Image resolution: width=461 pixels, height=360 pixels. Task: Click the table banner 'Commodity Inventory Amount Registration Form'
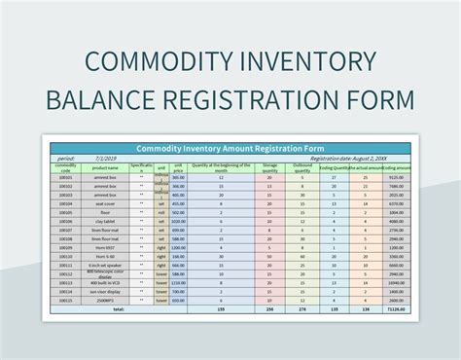pos(231,148)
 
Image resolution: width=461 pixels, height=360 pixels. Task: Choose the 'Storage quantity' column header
pos(269,167)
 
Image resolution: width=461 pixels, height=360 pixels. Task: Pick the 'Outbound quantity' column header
pos(301,167)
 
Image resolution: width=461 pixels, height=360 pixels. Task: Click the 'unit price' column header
pos(178,167)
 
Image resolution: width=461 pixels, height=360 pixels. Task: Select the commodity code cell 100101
pos(66,178)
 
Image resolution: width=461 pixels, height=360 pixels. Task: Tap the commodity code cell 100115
pos(66,301)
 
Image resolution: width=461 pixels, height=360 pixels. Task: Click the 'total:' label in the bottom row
pos(119,309)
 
